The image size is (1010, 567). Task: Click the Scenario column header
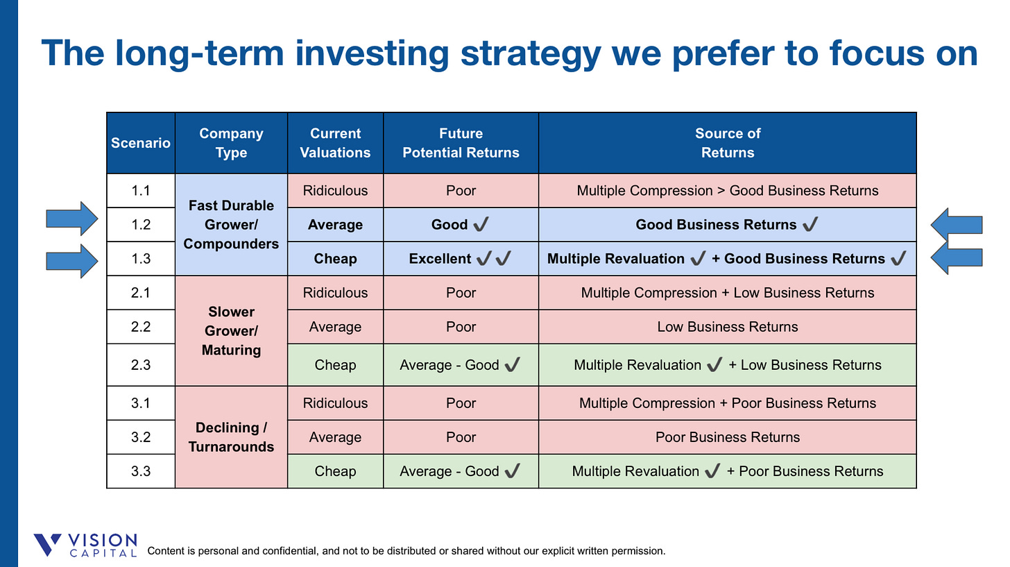[141, 143]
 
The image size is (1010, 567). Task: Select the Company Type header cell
[231, 143]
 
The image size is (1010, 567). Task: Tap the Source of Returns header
[727, 143]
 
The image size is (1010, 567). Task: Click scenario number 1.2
[141, 225]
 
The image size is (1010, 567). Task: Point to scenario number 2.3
[141, 364]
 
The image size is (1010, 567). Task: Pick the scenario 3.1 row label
[141, 403]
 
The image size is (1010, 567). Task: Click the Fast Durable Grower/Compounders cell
[231, 225]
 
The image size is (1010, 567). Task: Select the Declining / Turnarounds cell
[231, 437]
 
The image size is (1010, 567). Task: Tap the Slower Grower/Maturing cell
[231, 330]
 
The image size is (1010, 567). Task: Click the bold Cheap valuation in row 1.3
[335, 258]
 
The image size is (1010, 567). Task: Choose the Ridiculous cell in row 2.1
[335, 293]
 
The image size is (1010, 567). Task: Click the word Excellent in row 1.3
[440, 258]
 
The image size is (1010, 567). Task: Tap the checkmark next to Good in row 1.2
[481, 223]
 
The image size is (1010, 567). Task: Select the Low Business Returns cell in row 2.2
[727, 327]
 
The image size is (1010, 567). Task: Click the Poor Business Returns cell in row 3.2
[727, 437]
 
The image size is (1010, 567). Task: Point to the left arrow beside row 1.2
[72, 219]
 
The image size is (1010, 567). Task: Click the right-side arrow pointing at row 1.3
[957, 258]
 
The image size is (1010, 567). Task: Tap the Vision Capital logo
[85, 545]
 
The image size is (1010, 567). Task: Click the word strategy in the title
[531, 54]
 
